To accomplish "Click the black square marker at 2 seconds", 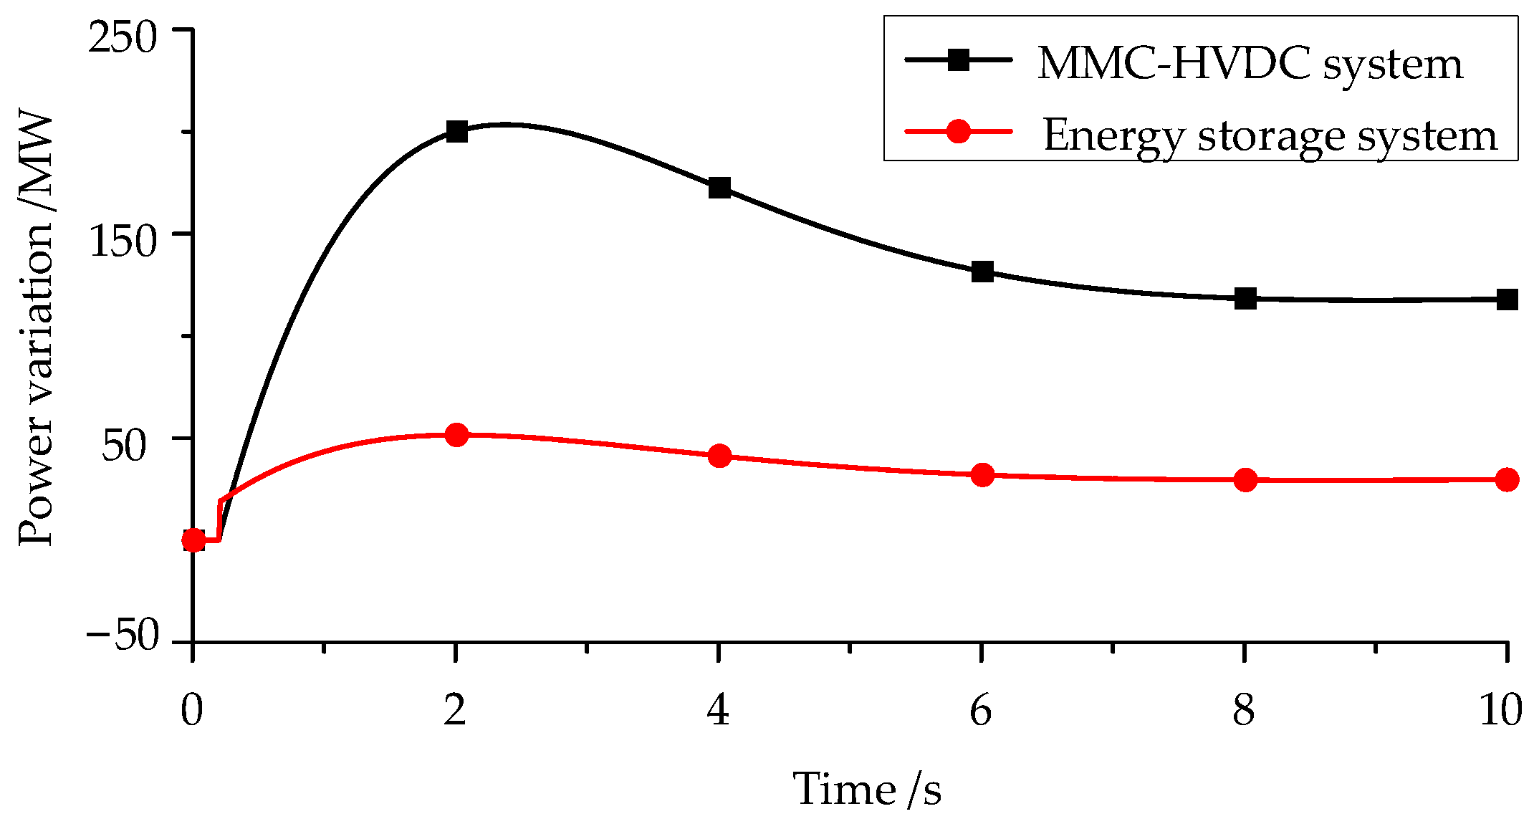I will pyautogui.click(x=456, y=131).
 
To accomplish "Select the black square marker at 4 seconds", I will pyautogui.click(x=719, y=188).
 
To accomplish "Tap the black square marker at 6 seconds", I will pyautogui.click(x=982, y=272).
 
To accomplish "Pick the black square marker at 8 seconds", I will pyautogui.click(x=1245, y=299).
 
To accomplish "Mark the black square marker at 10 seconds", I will pyautogui.click(x=1507, y=300).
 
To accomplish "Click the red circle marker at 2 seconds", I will pyautogui.click(x=456, y=435).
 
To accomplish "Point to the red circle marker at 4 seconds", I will pyautogui.click(x=719, y=456).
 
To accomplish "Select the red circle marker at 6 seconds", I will pyautogui.click(x=982, y=474).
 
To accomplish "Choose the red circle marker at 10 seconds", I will pyautogui.click(x=1507, y=479).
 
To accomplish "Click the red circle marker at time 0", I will pyautogui.click(x=193, y=540).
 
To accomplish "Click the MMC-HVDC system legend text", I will pyautogui.click(x=1250, y=64).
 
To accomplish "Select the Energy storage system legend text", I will pyautogui.click(x=1270, y=135).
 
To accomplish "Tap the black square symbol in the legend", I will pyautogui.click(x=958, y=60).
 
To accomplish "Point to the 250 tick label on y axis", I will pyautogui.click(x=122, y=37).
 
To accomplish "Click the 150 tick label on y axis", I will pyautogui.click(x=122, y=241).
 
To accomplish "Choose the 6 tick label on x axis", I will pyautogui.click(x=981, y=711).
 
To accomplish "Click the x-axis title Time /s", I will pyautogui.click(x=867, y=790).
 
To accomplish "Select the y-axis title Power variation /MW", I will pyautogui.click(x=36, y=330).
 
